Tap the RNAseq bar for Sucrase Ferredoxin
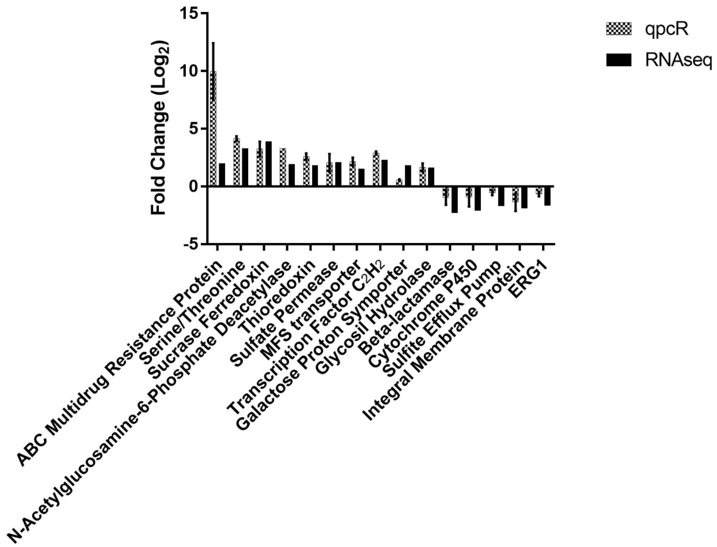pos(269,164)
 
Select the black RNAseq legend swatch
pos(618,60)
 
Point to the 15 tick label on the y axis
pos(191,14)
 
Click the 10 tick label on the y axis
pos(191,71)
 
